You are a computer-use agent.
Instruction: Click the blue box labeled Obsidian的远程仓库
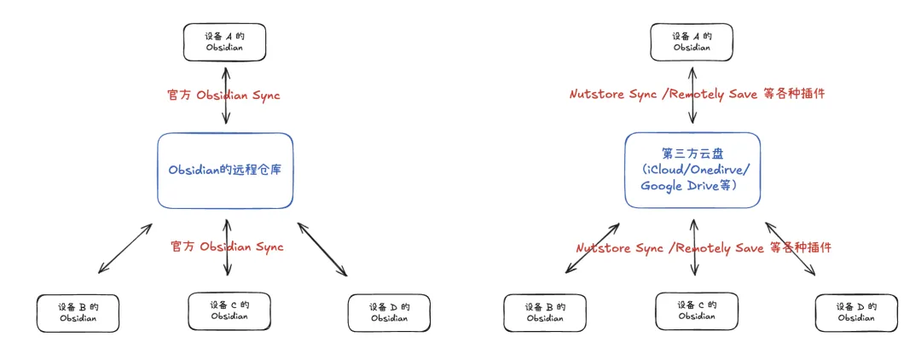pos(225,171)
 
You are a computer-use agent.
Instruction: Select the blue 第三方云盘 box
pos(692,170)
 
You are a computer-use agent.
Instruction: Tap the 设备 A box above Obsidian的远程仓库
pos(224,43)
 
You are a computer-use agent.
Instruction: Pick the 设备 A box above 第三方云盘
pos(692,43)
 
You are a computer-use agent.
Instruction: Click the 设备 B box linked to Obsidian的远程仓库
pos(78,313)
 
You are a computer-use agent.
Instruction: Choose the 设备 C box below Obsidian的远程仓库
pos(229,311)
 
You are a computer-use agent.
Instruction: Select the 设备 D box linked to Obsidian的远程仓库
pos(389,313)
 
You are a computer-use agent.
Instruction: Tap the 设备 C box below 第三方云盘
pos(697,311)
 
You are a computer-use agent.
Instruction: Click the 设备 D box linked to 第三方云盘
pos(856,313)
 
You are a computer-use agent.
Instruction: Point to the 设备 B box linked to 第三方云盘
pos(545,313)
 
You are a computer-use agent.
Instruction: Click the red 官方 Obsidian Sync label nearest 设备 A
pos(223,96)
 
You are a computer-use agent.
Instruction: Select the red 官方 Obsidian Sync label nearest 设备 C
pos(227,247)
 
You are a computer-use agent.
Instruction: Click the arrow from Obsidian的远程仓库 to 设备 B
pos(125,248)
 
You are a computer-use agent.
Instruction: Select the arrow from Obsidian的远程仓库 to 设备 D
pos(322,249)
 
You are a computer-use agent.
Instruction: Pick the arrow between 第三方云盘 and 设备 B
pos(592,248)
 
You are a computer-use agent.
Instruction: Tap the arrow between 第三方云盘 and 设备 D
pos(790,249)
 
